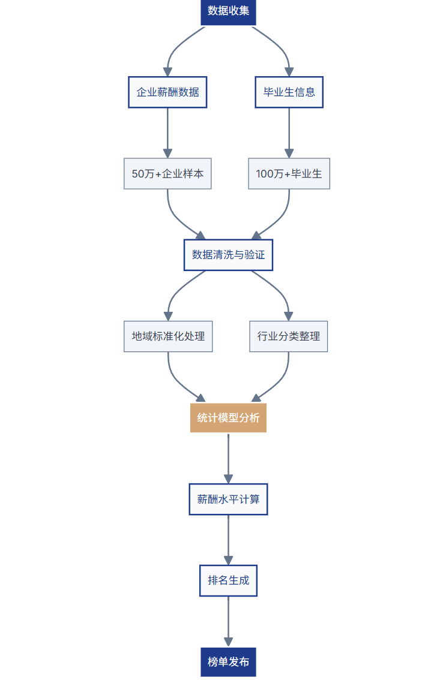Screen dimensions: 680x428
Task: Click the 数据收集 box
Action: click(x=228, y=11)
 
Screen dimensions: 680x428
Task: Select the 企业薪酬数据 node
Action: click(x=167, y=92)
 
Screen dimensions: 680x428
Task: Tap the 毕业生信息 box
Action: click(x=289, y=92)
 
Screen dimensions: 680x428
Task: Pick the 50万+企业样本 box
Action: click(x=167, y=174)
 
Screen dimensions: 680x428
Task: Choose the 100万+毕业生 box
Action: click(x=289, y=174)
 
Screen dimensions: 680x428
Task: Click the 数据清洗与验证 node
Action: click(x=228, y=255)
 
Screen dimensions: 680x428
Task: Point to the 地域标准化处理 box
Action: click(x=168, y=336)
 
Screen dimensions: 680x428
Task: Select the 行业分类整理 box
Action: click(x=289, y=336)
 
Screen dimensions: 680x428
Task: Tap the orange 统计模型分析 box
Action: click(x=228, y=418)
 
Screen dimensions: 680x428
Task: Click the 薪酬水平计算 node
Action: click(x=228, y=499)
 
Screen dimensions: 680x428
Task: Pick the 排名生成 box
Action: click(x=228, y=580)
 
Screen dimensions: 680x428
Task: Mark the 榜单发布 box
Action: click(x=228, y=662)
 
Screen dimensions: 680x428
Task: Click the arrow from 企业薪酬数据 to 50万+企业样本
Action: click(x=167, y=132)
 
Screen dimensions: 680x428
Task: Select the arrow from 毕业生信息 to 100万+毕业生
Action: click(x=289, y=132)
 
